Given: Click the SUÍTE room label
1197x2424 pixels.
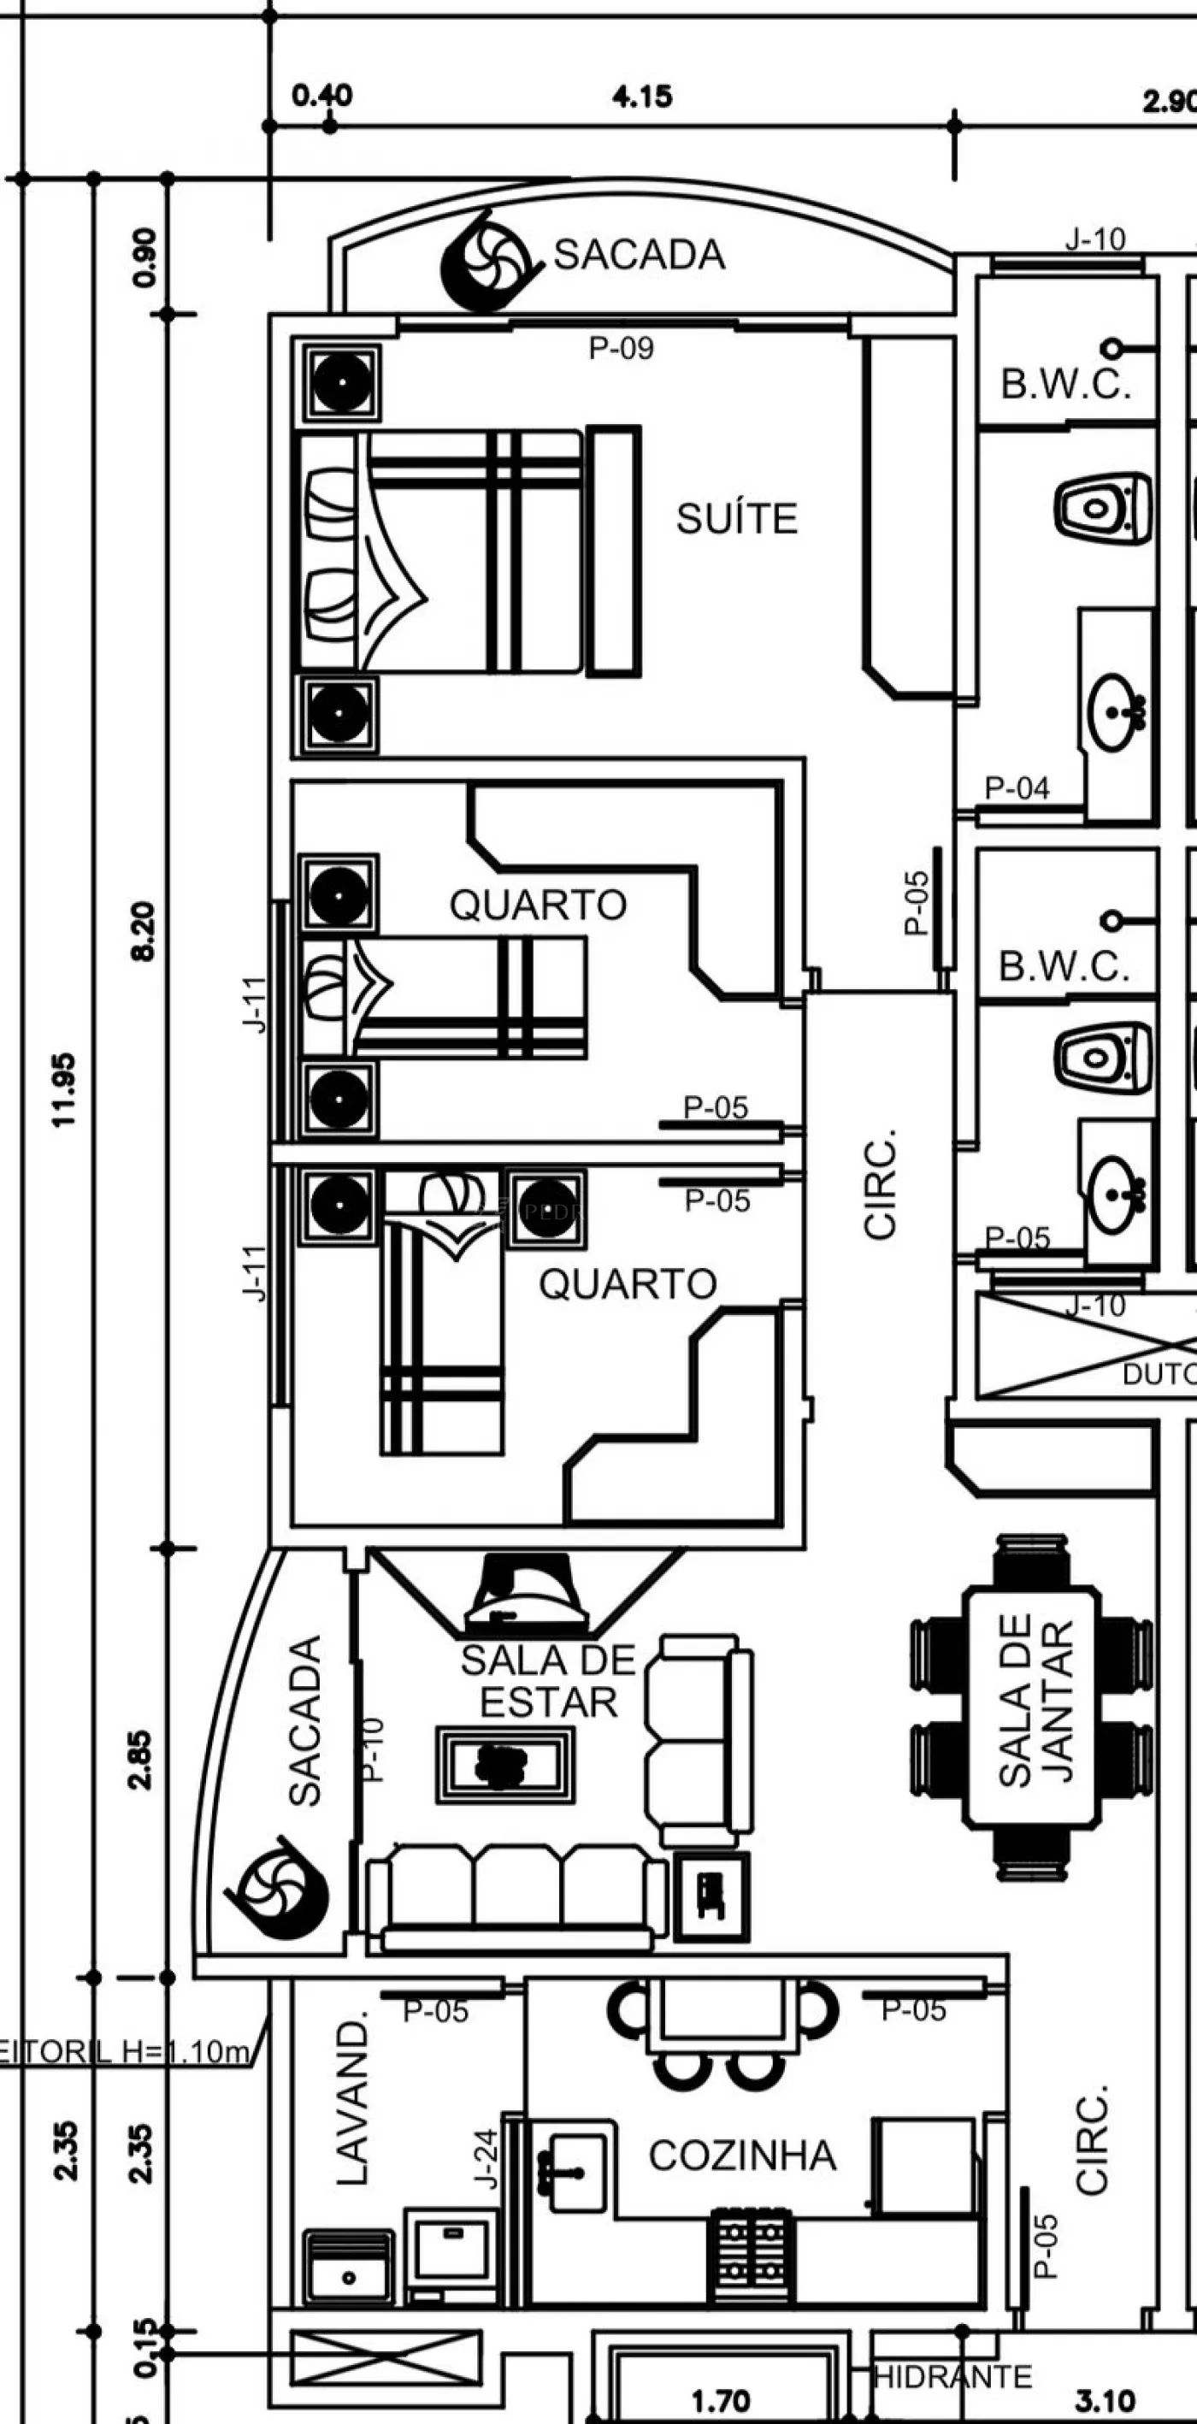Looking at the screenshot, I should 737,518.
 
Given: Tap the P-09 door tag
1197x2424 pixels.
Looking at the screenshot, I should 621,348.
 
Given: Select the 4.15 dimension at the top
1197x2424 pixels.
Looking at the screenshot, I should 643,96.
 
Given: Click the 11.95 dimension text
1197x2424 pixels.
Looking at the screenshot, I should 64,1089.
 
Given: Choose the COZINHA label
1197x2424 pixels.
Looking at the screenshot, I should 742,2156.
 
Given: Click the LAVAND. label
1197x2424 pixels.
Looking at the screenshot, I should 353,2104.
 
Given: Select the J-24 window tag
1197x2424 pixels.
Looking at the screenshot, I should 486,2160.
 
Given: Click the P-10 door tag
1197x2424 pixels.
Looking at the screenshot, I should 373,1749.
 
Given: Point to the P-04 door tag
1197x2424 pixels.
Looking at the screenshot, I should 1017,787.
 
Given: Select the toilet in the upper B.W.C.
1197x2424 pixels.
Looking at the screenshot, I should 1102,508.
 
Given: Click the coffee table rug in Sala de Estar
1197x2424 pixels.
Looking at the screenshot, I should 504,1766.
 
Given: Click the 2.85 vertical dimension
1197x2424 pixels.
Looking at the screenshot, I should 140,1760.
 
